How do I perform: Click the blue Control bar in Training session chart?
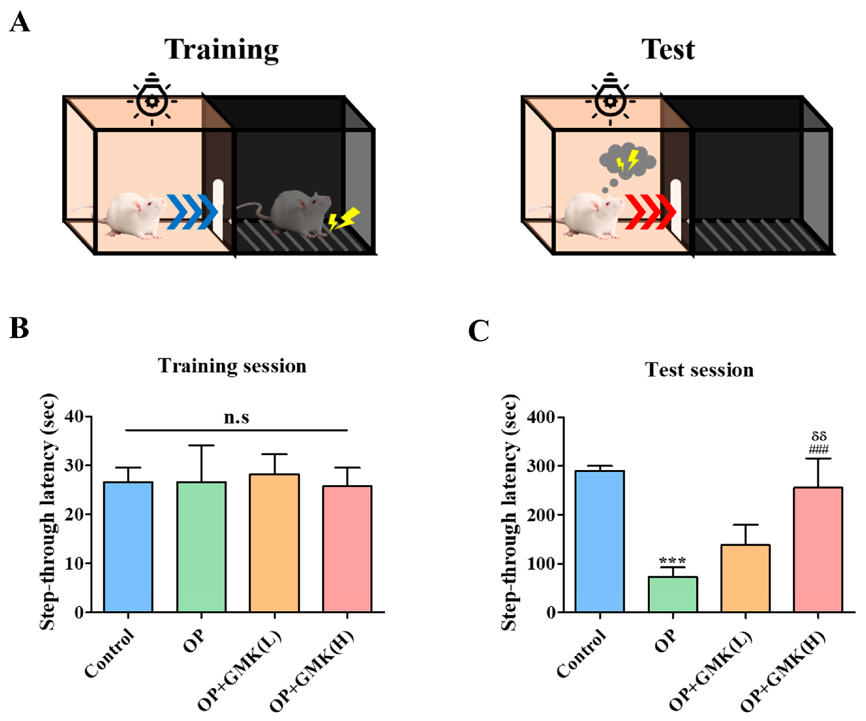pos(128,547)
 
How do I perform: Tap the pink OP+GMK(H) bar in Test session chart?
pos(818,549)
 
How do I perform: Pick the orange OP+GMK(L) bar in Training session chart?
pos(274,542)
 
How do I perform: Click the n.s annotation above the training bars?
pos(236,417)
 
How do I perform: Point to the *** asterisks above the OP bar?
pos(672,561)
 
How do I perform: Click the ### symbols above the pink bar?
pos(819,449)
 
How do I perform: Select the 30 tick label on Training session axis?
pos(74,465)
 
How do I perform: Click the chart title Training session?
pos(232,366)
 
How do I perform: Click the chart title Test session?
pos(699,370)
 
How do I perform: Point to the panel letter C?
pos(478,331)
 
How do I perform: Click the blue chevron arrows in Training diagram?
pos(191,212)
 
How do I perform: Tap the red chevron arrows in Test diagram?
pos(650,212)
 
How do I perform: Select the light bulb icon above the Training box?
pos(152,98)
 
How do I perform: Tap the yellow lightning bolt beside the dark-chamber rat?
pos(344,219)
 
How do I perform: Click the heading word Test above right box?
pos(668,49)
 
